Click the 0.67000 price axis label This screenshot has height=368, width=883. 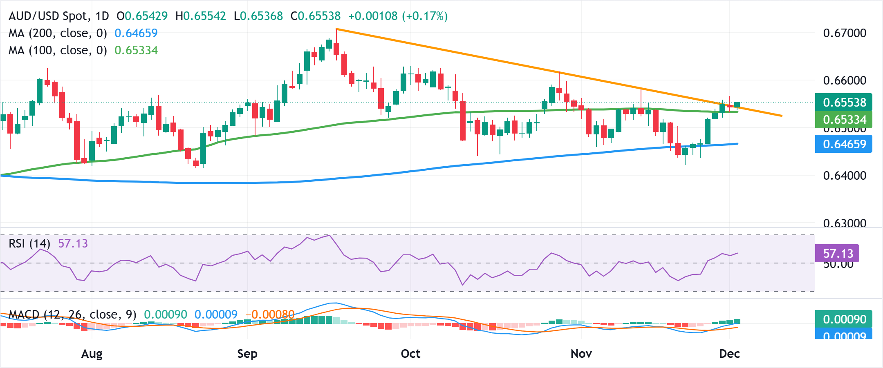point(844,33)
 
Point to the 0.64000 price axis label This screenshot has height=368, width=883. point(844,176)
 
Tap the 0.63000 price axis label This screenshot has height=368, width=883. point(844,223)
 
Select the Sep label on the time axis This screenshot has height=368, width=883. point(247,354)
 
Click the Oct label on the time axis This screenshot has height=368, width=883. point(410,354)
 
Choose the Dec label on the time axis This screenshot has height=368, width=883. point(729,354)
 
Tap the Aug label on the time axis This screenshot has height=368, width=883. point(92,354)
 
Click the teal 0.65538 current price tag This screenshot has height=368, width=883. point(844,102)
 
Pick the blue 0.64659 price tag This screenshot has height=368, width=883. point(844,144)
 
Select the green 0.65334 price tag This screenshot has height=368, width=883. point(844,120)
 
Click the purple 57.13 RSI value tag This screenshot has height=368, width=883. point(837,254)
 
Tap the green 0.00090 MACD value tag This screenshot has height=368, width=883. point(844,319)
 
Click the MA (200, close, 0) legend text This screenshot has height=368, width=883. point(58,33)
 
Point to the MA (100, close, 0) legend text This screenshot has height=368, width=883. point(58,50)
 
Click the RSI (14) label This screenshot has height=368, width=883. point(29,244)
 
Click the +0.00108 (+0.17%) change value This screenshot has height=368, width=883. point(398,16)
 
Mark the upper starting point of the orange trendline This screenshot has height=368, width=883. point(336,29)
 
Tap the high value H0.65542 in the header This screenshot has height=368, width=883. point(200,16)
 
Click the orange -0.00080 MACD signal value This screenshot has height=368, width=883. point(270,314)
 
